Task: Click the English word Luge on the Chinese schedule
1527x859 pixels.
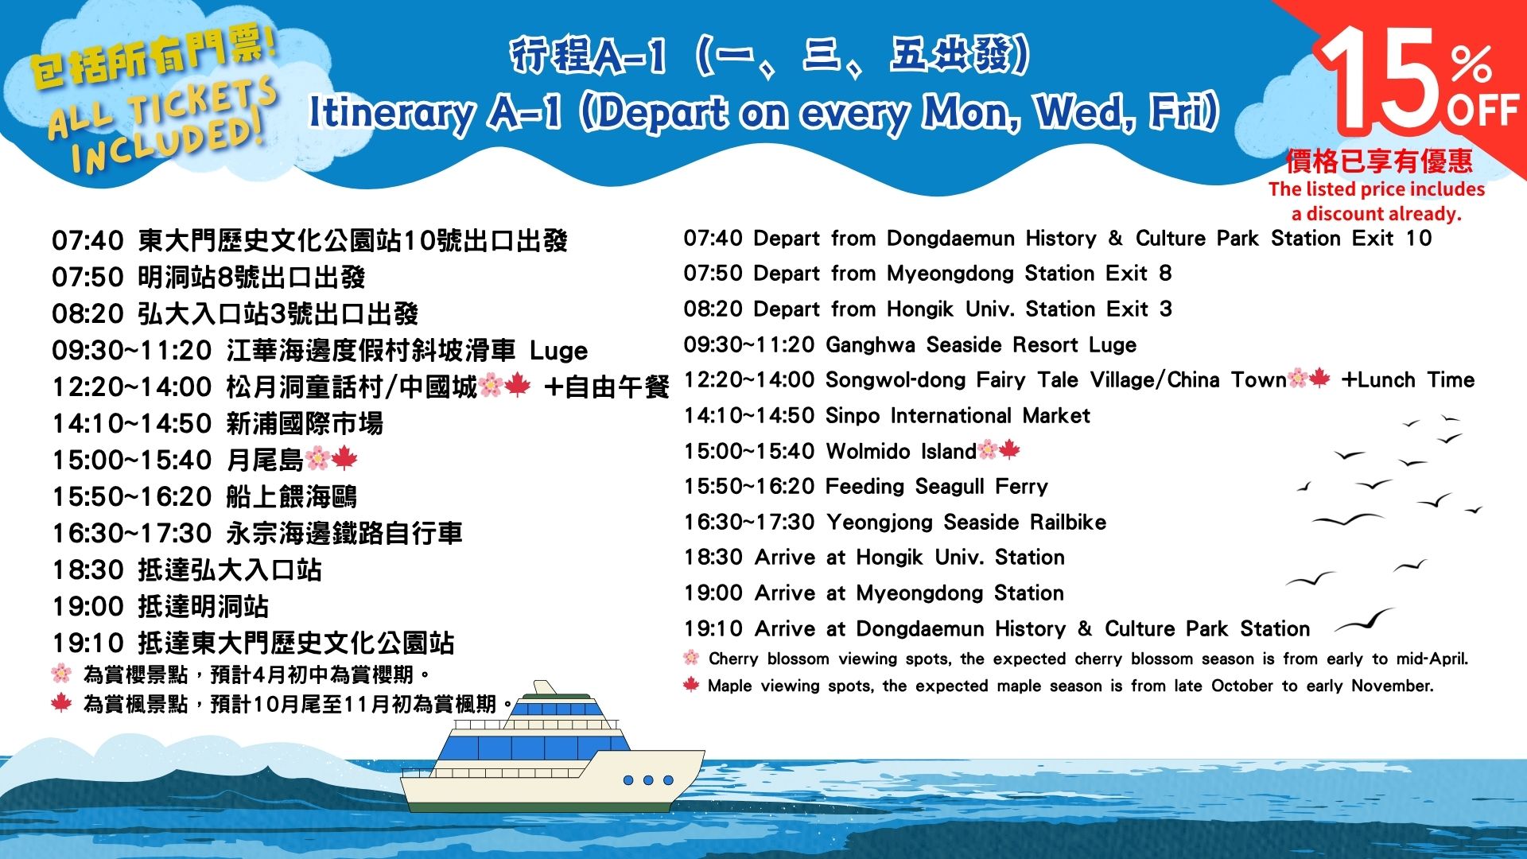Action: (x=558, y=351)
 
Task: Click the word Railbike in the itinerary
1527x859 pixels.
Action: (x=1068, y=522)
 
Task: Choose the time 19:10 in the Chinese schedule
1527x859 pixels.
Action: (x=87, y=643)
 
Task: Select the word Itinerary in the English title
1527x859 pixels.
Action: (x=390, y=114)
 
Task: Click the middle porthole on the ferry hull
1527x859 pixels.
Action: (x=648, y=780)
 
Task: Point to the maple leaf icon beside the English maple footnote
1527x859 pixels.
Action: (x=691, y=685)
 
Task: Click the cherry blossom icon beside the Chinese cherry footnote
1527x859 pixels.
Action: (x=61, y=674)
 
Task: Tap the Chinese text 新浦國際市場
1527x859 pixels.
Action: (x=305, y=423)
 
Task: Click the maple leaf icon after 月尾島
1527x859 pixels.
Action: (x=344, y=458)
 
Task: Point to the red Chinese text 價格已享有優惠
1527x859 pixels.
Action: (x=1380, y=161)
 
